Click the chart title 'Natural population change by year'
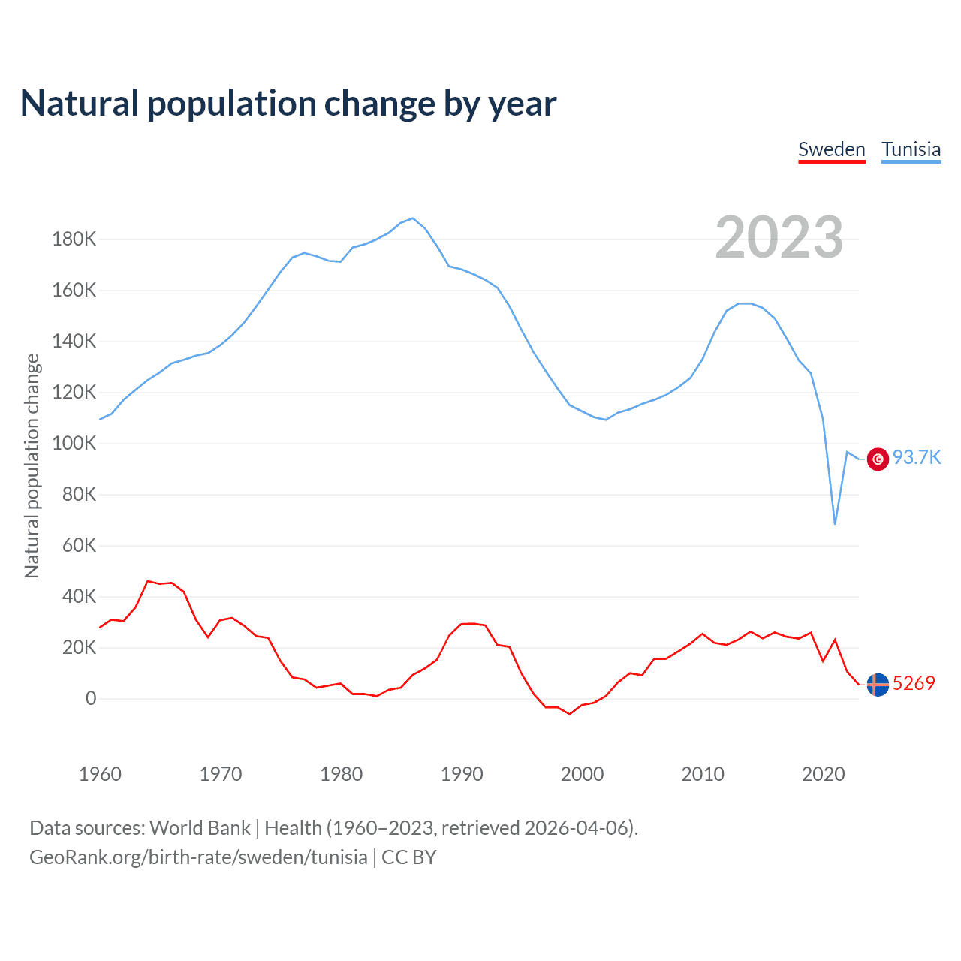point(288,104)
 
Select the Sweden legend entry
point(831,149)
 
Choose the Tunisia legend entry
point(911,149)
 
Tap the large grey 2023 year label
point(779,237)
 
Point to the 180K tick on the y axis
point(74,239)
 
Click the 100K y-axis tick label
point(74,444)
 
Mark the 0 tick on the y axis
point(91,699)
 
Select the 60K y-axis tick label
point(79,546)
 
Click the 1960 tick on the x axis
point(100,774)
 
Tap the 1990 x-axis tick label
point(462,774)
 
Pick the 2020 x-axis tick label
point(824,774)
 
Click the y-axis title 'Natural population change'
point(32,466)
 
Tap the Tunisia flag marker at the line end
point(878,459)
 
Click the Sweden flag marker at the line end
point(878,685)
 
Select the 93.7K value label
point(917,458)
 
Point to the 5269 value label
point(914,683)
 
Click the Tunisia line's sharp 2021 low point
point(835,523)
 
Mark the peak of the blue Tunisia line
point(413,218)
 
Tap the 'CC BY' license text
point(409,857)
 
